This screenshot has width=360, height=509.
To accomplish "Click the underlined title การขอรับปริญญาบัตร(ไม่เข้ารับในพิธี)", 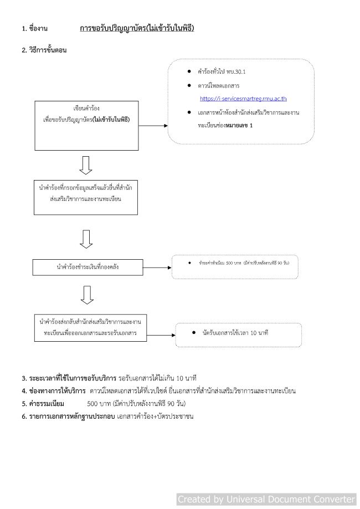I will point(137,28).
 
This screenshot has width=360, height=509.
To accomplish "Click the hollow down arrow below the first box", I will point(86,164).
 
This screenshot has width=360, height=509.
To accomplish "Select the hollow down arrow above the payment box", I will point(86,239).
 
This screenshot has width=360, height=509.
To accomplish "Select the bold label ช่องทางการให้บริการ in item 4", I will point(50,391).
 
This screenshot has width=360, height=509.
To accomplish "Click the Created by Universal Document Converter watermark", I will point(266,499).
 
